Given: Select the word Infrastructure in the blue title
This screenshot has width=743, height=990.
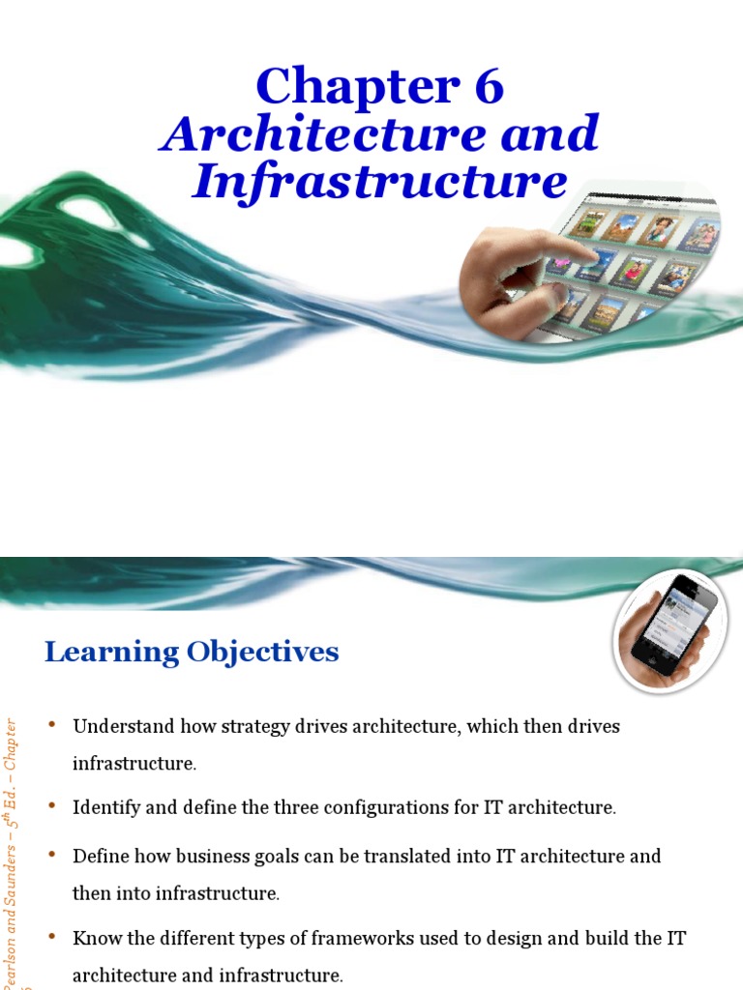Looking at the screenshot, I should click(x=379, y=181).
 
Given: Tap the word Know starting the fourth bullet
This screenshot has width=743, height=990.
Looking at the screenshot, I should click(x=93, y=938).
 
